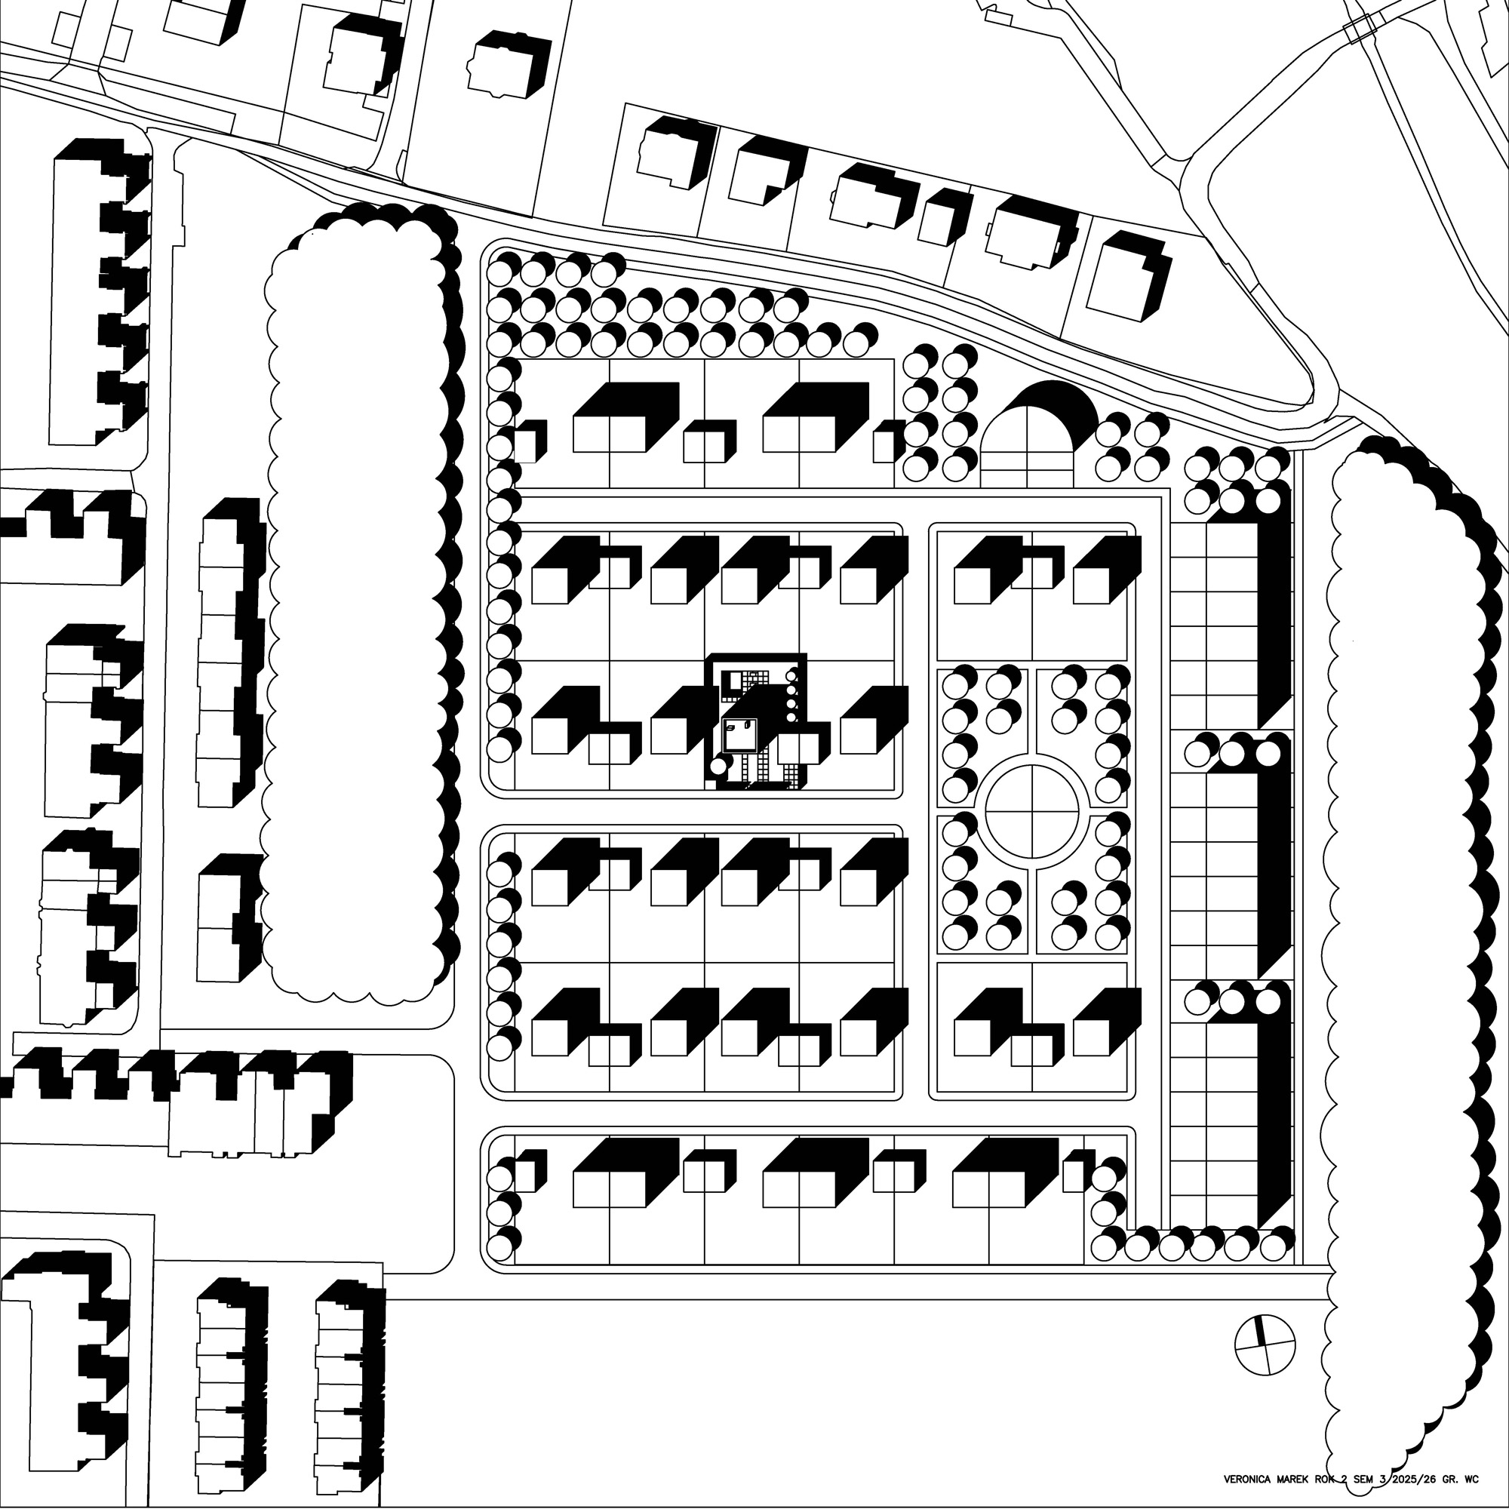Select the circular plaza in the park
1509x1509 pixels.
pyautogui.click(x=1034, y=812)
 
